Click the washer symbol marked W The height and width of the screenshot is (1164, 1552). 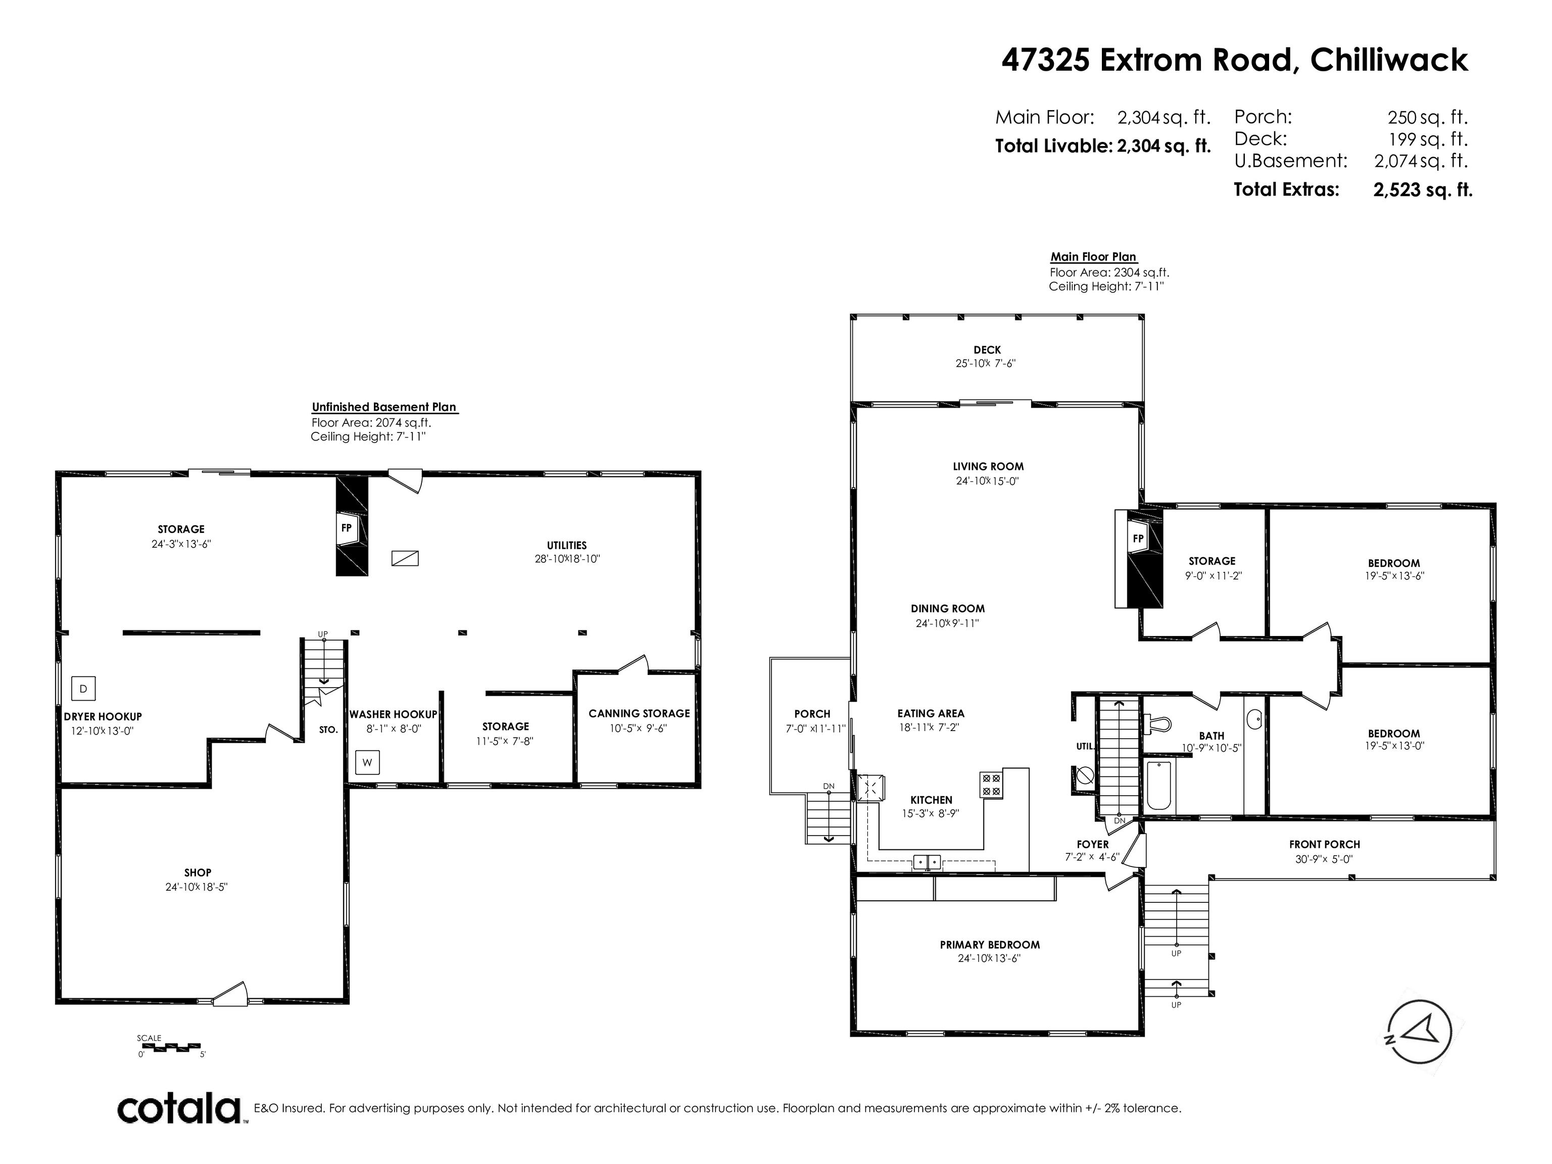click(x=367, y=763)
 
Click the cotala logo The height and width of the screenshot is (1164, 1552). click(x=179, y=1109)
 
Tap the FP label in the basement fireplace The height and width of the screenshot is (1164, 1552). click(x=346, y=527)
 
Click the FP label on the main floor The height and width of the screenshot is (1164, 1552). click(x=1138, y=539)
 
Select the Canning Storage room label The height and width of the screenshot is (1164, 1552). click(x=639, y=713)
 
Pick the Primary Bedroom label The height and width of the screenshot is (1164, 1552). click(x=990, y=945)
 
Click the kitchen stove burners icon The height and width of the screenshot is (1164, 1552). click(x=991, y=784)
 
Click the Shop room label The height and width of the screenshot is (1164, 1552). click(x=198, y=873)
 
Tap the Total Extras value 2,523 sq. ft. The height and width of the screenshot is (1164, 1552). click(x=1422, y=189)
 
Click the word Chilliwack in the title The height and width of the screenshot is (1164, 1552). click(x=1389, y=60)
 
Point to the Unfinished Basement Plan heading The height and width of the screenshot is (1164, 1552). click(x=384, y=407)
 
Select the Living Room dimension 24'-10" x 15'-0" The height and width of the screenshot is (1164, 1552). click(x=987, y=481)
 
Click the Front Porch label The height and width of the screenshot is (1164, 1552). click(x=1325, y=845)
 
